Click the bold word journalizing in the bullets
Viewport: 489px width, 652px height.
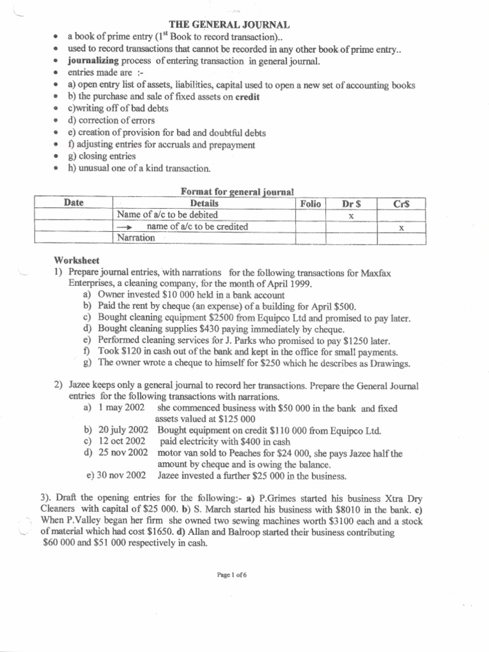pos(94,61)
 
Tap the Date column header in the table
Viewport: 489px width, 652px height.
pos(74,203)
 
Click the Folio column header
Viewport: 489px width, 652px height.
pos(310,203)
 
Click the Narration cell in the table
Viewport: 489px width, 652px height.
pos(136,237)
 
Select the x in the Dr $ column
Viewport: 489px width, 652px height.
pos(351,216)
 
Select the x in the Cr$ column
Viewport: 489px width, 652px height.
pos(401,227)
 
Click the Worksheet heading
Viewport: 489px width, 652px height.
pos(77,261)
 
